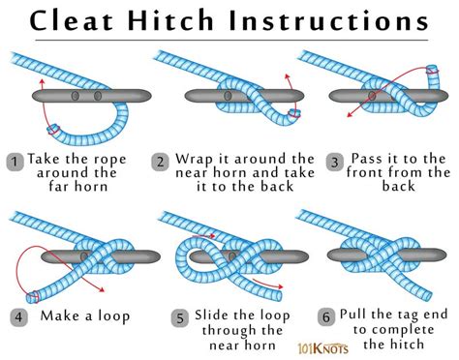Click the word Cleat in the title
click(82, 21)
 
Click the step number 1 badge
click(16, 160)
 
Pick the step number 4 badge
click(16, 315)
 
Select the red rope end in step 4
click(36, 295)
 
